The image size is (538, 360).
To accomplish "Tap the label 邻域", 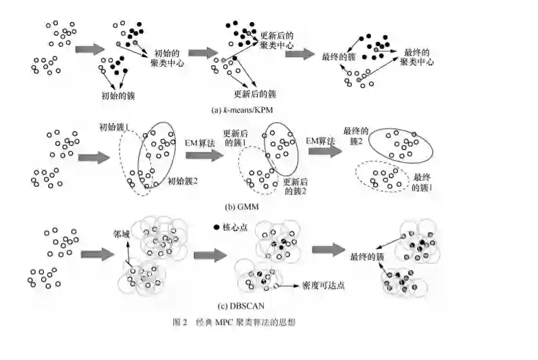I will (121, 232).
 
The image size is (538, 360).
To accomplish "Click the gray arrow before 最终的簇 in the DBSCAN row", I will (328, 249).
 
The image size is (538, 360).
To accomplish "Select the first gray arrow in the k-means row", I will (89, 49).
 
